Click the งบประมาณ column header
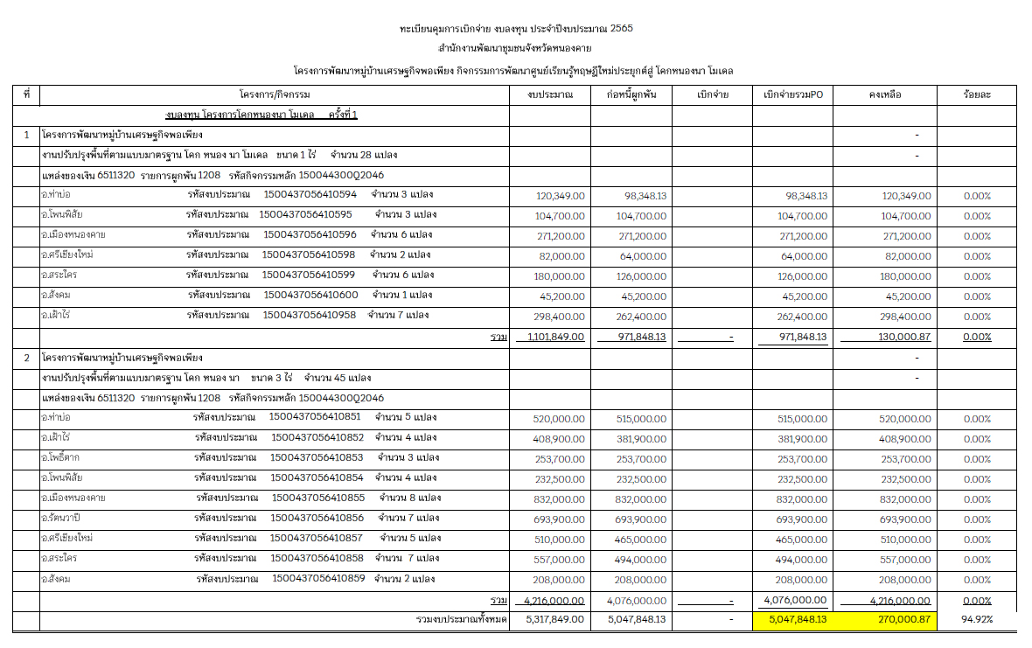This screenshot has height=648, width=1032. point(551,94)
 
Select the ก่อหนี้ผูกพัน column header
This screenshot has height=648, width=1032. point(631,94)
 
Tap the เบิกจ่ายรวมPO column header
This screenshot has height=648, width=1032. point(792,94)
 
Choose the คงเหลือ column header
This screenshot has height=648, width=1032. point(884,94)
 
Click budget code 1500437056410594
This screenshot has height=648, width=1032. point(310,194)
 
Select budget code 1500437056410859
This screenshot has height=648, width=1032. point(319,579)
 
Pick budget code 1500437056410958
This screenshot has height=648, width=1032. point(310,315)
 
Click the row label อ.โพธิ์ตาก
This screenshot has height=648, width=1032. point(60,457)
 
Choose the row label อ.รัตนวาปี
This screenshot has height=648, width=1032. point(61,519)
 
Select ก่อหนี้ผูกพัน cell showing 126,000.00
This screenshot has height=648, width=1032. point(641,275)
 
